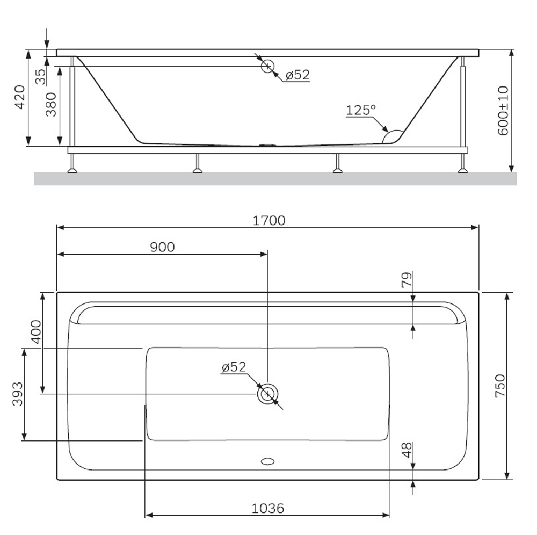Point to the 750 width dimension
click(x=499, y=385)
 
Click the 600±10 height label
click(x=503, y=110)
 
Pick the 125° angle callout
click(x=360, y=110)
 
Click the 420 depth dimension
click(x=19, y=97)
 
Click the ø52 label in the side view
click(x=297, y=75)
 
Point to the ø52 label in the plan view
click(x=234, y=367)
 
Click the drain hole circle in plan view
click(x=267, y=394)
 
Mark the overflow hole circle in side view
click(x=267, y=66)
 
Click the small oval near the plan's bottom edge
click(x=267, y=461)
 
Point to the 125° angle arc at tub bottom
click(x=394, y=136)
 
